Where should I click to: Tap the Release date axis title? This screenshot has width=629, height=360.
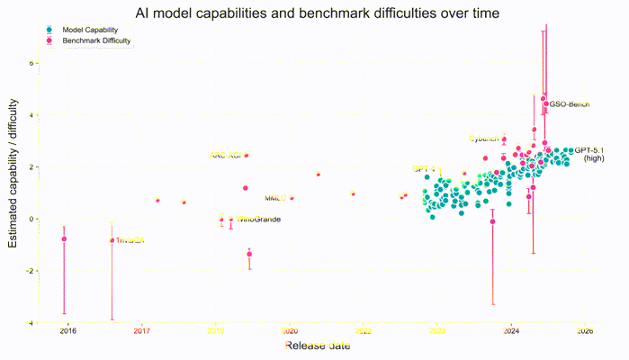315,346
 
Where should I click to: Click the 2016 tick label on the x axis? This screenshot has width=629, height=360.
67,331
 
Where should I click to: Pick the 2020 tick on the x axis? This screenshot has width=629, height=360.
290,331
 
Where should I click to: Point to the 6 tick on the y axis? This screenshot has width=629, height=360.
30,64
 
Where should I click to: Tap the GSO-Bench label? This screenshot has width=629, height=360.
569,105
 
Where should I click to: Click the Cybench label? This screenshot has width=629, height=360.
484,139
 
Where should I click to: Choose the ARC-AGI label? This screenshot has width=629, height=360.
226,156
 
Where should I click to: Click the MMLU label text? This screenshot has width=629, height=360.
274,198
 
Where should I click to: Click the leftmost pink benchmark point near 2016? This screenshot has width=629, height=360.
64,238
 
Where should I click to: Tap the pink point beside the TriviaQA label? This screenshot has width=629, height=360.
112,240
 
